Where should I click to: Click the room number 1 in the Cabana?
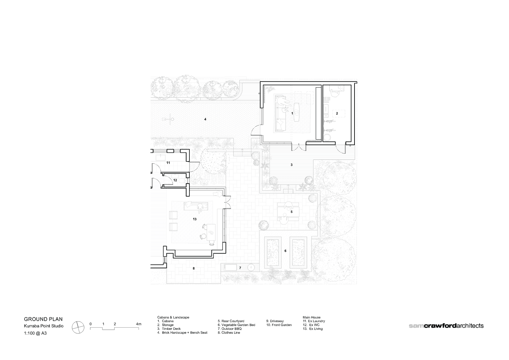292,113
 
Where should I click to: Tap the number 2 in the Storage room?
337,113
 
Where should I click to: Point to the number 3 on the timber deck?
292,165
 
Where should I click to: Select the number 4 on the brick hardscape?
205,119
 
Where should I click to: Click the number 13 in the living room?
195,219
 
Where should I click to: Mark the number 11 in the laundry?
168,163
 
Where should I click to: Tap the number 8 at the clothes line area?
193,268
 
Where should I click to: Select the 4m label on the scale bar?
139,324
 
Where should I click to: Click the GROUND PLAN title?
43,319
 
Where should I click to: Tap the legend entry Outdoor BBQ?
229,329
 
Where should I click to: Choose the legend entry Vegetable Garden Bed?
236,325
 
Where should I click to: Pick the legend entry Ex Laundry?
314,321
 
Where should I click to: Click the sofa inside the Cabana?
280,113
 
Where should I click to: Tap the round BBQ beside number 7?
251,267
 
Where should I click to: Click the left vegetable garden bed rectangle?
273,252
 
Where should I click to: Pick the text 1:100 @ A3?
35,333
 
